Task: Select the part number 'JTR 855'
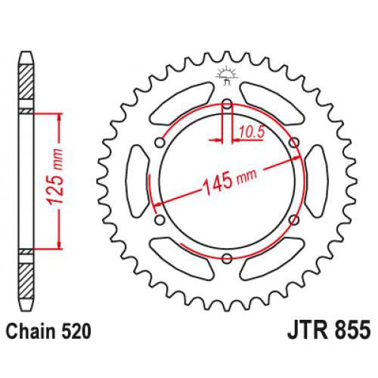click(x=329, y=330)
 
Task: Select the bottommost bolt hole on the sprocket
click(x=226, y=259)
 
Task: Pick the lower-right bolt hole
click(x=293, y=220)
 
